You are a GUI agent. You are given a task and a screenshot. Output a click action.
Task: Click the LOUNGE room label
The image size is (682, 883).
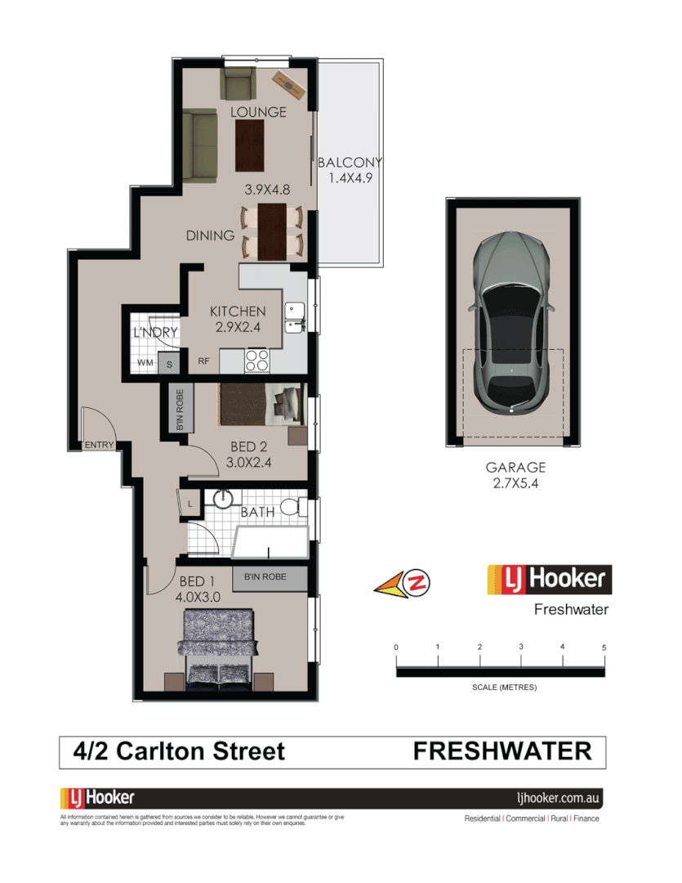tap(258, 112)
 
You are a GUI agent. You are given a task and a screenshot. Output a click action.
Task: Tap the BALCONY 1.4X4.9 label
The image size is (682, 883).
tap(350, 169)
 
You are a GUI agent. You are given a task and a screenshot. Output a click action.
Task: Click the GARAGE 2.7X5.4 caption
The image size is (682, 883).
tap(515, 475)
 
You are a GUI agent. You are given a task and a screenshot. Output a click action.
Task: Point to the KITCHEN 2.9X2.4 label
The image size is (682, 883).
tap(238, 319)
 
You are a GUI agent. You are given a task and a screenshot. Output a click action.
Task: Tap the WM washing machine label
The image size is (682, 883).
tap(145, 362)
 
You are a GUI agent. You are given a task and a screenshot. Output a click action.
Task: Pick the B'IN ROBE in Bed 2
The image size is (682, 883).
tap(179, 409)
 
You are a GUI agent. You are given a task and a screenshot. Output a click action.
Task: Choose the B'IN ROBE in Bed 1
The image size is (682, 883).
tap(270, 577)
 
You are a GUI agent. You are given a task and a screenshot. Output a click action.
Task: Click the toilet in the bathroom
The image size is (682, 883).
tap(291, 507)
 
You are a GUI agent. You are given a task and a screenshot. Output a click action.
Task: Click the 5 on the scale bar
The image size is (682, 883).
tap(604, 647)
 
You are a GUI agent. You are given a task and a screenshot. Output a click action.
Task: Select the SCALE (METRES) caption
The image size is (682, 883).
tap(504, 688)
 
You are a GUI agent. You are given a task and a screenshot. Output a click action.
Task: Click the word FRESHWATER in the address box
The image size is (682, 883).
tap(502, 751)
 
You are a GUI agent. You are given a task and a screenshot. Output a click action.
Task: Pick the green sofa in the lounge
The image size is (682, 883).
tap(198, 146)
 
